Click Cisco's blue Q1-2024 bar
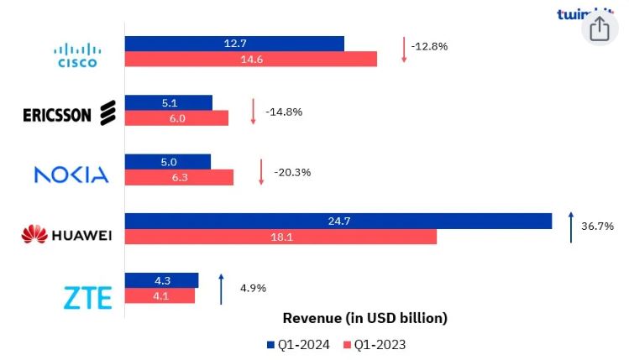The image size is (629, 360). [234, 44]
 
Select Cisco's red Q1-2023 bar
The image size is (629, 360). [250, 60]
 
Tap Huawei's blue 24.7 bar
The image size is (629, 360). [338, 221]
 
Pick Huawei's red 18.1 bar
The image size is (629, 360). [280, 237]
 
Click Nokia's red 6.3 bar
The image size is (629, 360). [179, 177]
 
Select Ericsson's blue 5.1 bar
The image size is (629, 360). [168, 103]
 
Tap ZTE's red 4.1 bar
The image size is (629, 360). [160, 296]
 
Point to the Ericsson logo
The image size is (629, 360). [69, 113]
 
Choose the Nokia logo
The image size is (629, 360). [71, 175]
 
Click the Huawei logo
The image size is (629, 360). [66, 234]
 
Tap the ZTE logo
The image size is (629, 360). [87, 297]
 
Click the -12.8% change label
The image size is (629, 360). [429, 46]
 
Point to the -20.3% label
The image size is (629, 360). [292, 172]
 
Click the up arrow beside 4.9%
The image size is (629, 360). [221, 288]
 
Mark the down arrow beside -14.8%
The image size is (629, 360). [253, 111]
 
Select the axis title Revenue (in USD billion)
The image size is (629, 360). [364, 318]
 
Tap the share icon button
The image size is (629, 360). [599, 30]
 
